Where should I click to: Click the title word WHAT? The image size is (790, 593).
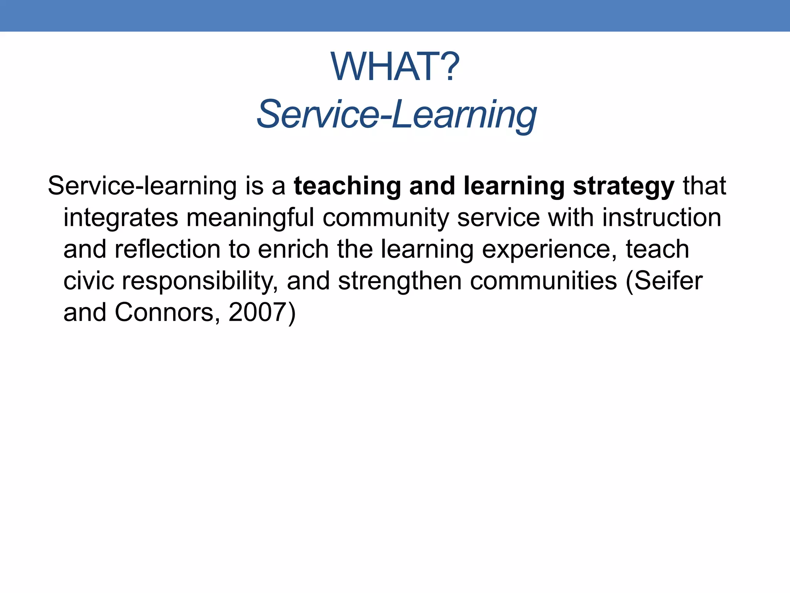point(395,67)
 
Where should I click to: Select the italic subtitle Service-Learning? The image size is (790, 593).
point(396,114)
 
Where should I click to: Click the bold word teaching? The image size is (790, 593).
point(347,186)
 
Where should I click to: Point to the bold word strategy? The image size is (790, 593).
point(623,186)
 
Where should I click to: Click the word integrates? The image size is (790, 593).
point(121,218)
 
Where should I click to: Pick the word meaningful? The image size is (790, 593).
point(250,218)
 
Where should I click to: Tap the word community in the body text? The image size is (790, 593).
point(386,218)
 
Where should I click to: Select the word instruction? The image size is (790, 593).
point(662,218)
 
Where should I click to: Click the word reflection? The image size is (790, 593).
point(168,249)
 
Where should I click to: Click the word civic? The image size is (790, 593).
point(89,281)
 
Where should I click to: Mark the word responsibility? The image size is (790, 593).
point(200,282)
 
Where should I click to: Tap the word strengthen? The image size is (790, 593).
point(400,282)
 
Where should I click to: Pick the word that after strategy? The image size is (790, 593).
point(704,186)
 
